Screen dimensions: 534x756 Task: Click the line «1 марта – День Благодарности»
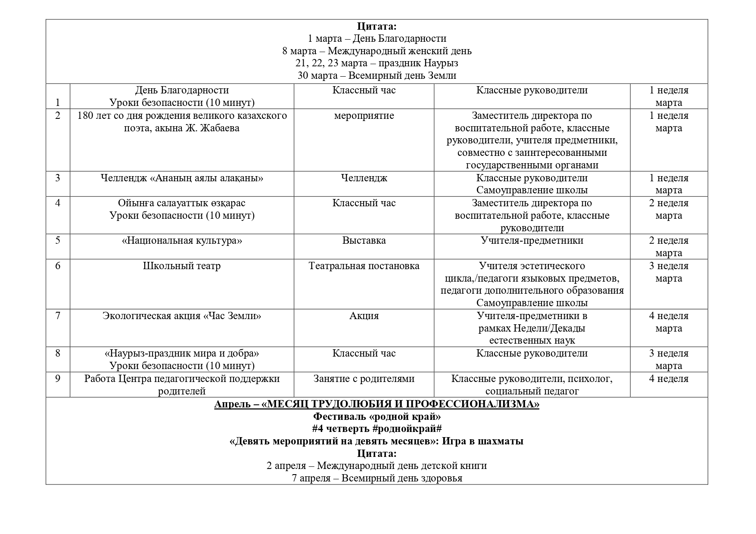[x=377, y=39]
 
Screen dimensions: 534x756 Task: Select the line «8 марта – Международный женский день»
[x=377, y=51]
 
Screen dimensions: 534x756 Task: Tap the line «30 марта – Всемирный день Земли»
[x=377, y=76]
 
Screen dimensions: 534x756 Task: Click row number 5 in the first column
[x=58, y=240]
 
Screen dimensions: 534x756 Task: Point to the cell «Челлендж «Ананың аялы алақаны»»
[x=182, y=178]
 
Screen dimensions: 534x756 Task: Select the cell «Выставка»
[x=364, y=240]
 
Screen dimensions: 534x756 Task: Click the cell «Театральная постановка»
[x=364, y=266]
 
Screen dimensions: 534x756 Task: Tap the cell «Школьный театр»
[x=182, y=266]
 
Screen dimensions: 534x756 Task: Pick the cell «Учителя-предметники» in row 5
[x=532, y=240]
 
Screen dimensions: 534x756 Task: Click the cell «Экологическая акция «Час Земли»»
[x=182, y=316]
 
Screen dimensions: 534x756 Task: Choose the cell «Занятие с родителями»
[x=364, y=379]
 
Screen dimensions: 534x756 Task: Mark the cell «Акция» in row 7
[x=364, y=316]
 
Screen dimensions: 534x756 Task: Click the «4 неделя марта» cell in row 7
[x=669, y=322]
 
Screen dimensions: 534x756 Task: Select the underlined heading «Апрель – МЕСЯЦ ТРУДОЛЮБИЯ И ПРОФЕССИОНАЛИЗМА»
[x=377, y=404]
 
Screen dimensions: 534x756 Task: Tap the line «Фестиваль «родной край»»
[x=377, y=416]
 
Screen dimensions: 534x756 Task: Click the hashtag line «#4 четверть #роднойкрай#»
[x=377, y=429]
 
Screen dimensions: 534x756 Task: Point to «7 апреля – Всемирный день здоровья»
[x=377, y=478]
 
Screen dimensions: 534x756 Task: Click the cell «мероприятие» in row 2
[x=364, y=115]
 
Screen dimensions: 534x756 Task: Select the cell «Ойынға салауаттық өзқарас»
[x=182, y=203]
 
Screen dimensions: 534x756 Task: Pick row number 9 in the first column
[x=58, y=379]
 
